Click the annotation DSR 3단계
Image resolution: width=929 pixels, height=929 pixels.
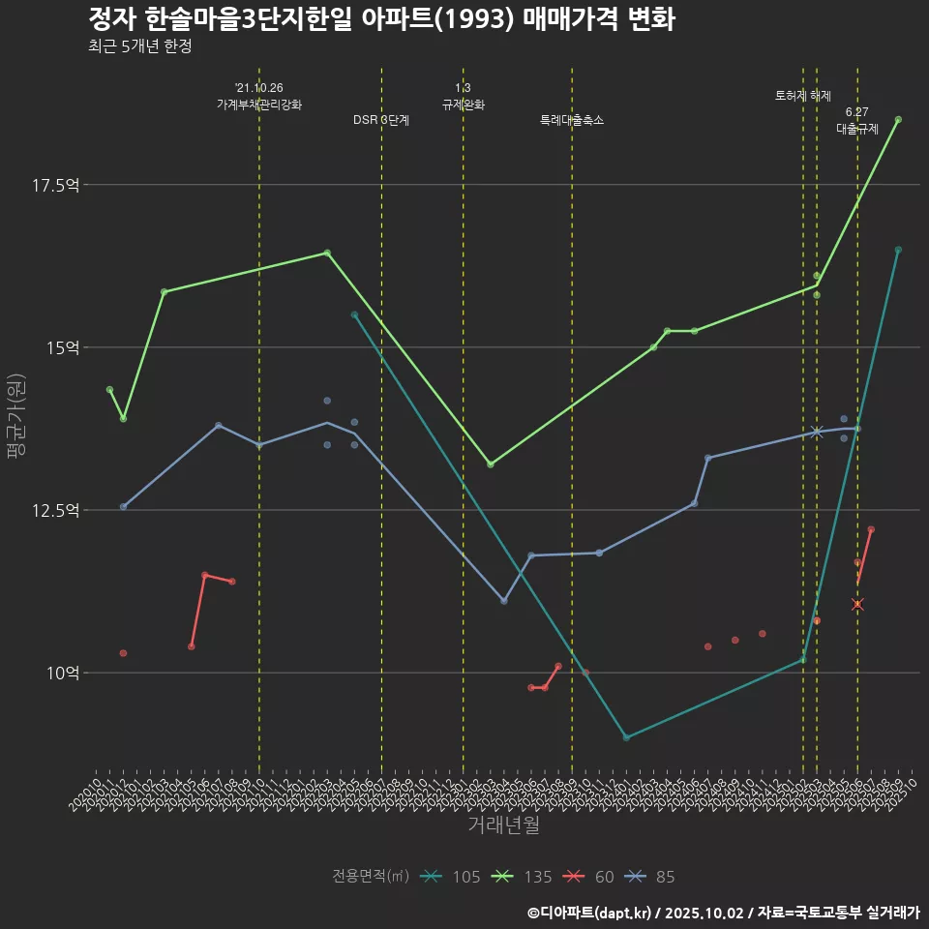click(381, 120)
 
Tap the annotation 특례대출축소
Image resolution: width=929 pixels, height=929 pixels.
click(572, 120)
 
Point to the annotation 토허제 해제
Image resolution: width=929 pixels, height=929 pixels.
click(803, 96)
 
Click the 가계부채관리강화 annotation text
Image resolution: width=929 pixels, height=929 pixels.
click(259, 104)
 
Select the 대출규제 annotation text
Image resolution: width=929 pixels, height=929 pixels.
click(857, 128)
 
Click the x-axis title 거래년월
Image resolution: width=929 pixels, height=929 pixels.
click(503, 824)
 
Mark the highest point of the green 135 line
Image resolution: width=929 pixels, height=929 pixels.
click(898, 120)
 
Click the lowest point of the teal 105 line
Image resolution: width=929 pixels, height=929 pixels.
click(626, 737)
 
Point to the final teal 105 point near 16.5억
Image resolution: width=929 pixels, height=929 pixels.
click(898, 250)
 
